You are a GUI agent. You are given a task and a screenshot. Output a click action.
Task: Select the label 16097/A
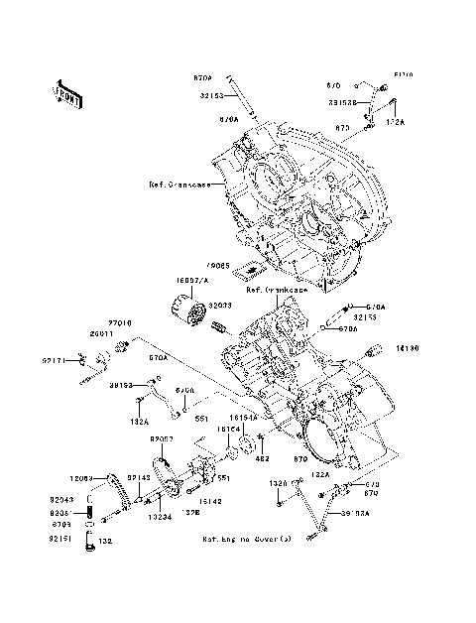tap(193, 281)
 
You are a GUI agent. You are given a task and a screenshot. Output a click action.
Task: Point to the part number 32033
tap(219, 308)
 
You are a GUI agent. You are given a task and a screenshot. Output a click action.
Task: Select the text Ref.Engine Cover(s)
tap(247, 539)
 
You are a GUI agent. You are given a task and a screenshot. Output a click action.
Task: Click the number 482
tap(236, 459)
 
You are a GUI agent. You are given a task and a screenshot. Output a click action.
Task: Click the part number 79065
tap(219, 266)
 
